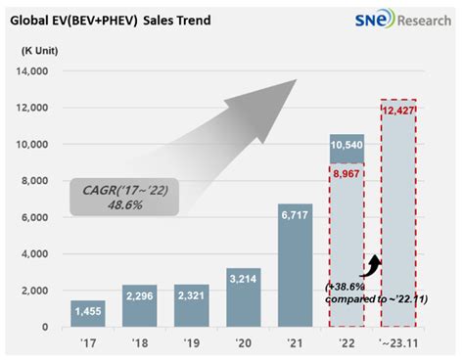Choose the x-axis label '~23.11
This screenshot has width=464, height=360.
click(x=395, y=343)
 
